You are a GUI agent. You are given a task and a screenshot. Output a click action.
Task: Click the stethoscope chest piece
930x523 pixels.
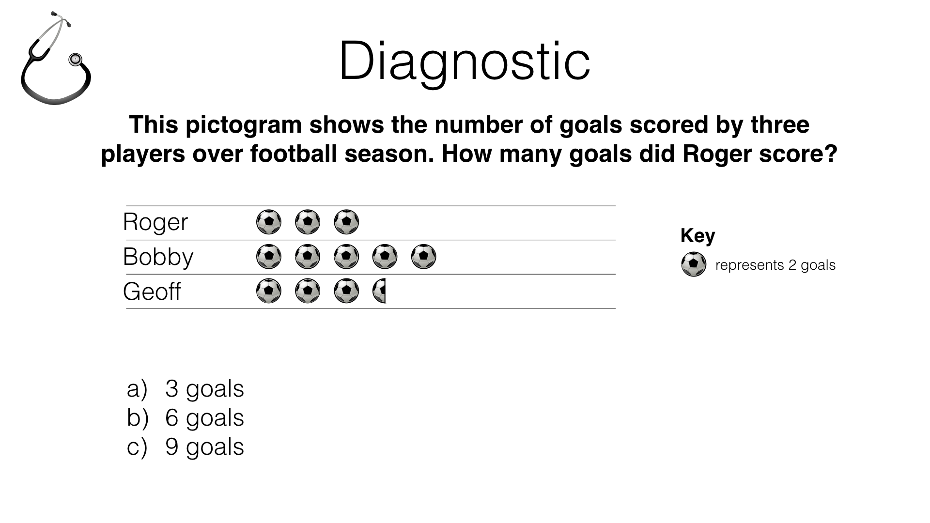point(75,60)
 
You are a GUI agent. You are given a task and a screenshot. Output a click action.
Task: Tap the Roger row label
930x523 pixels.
point(155,222)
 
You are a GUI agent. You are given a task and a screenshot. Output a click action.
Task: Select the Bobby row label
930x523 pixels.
point(158,257)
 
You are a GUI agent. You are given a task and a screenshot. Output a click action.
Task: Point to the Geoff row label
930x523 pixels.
point(152,292)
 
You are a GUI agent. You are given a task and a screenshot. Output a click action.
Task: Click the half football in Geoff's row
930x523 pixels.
point(379,291)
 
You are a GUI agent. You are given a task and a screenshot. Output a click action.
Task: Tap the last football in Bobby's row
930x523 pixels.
point(423,257)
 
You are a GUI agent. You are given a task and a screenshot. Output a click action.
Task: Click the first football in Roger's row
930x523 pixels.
point(269,222)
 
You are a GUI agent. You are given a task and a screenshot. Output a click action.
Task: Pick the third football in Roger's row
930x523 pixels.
point(346,222)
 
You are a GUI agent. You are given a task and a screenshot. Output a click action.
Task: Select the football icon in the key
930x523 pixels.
point(694,264)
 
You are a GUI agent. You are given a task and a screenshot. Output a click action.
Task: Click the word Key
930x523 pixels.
point(697,236)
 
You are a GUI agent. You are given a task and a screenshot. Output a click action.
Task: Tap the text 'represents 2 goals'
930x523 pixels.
point(775,265)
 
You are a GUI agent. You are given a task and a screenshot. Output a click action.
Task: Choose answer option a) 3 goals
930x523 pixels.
point(186,389)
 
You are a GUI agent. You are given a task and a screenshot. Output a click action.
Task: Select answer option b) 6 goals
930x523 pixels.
point(186,418)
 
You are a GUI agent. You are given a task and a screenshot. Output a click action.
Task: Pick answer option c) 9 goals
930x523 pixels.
point(186,447)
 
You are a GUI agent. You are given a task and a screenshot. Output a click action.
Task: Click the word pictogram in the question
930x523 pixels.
point(244,125)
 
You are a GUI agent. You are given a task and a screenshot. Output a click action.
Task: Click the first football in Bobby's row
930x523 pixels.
point(269,257)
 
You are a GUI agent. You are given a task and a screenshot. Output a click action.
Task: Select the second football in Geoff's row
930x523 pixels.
point(308,291)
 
